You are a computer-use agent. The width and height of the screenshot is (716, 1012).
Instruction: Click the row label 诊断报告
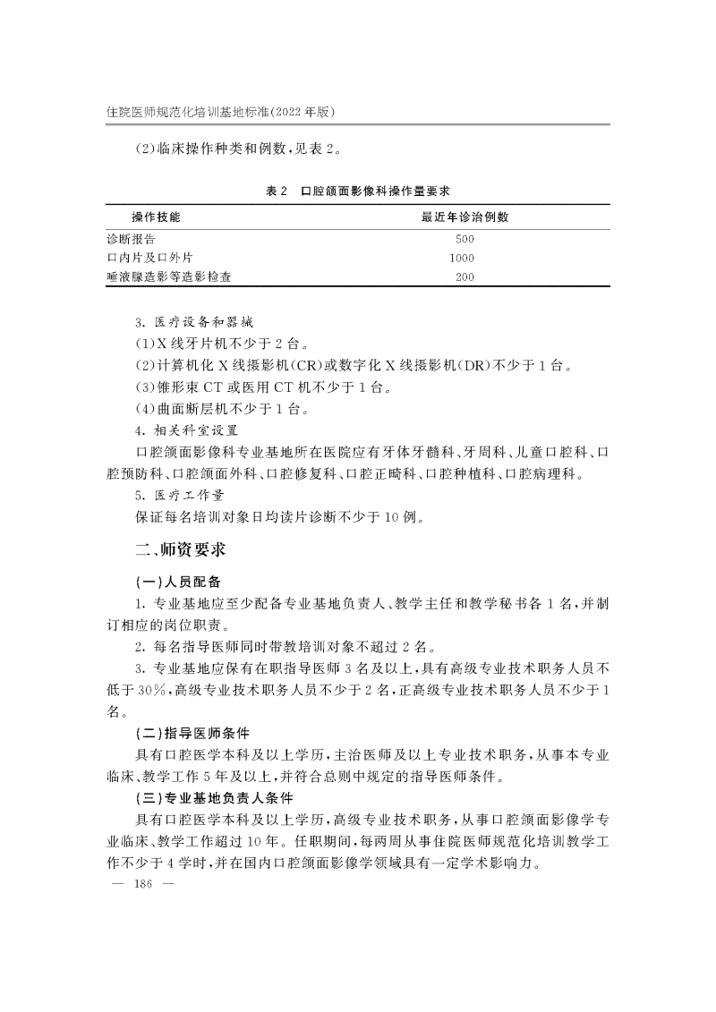pyautogui.click(x=131, y=239)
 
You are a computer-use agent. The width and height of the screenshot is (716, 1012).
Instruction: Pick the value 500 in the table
pyautogui.click(x=465, y=239)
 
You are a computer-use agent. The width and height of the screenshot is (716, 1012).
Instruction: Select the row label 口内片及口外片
pyautogui.click(x=149, y=258)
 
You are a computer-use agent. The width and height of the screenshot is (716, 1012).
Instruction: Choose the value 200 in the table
pyautogui.click(x=465, y=276)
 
